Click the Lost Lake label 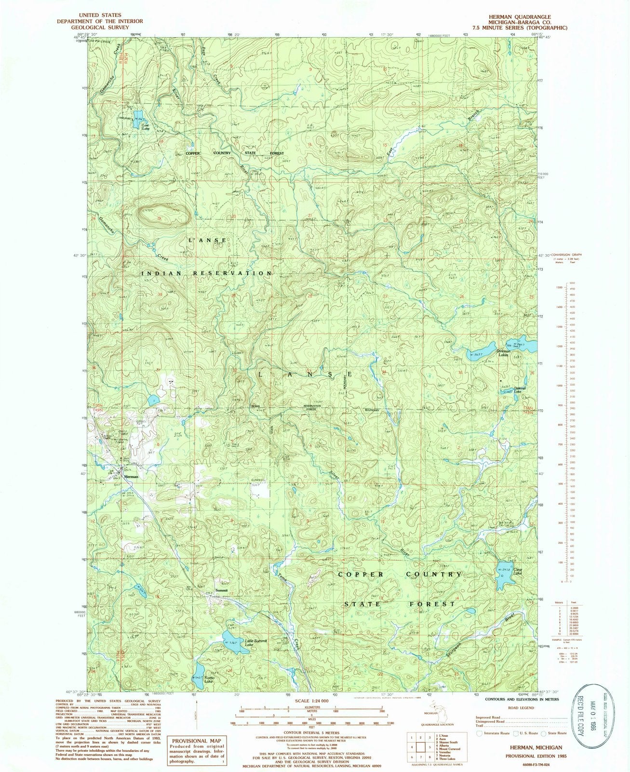click(145, 127)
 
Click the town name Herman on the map click(131, 476)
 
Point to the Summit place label click(222, 590)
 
